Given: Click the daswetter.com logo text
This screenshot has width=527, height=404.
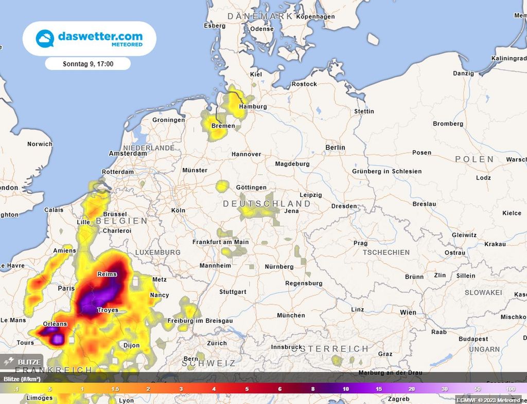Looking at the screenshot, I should pyautogui.click(x=100, y=37).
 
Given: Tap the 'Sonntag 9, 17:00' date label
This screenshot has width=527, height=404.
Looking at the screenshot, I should pyautogui.click(x=88, y=64).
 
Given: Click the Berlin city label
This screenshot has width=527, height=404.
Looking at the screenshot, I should pyautogui.click(x=335, y=148).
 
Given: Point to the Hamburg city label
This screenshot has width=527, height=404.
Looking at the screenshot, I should pyautogui.click(x=253, y=107).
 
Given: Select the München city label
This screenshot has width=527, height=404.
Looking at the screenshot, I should pyautogui.click(x=291, y=316).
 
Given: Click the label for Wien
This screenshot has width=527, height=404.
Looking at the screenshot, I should pyautogui.click(x=408, y=313).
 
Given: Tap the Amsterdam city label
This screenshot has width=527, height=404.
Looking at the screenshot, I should pyautogui.click(x=128, y=154).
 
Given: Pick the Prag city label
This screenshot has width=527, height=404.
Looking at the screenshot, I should pyautogui.click(x=360, y=243).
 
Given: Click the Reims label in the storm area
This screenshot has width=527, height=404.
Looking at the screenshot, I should pyautogui.click(x=108, y=274).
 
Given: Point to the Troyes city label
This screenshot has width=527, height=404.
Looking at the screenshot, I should pyautogui.click(x=108, y=310).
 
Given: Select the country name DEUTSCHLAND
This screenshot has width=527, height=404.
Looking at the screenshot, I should pyautogui.click(x=267, y=204).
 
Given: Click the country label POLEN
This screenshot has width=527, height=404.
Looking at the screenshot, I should pyautogui.click(x=475, y=159).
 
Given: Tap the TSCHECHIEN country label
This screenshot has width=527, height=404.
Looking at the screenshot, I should pyautogui.click(x=386, y=252).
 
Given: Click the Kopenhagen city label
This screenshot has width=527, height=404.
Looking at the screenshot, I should pyautogui.click(x=315, y=17).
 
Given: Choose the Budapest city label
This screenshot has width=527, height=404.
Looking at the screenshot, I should pyautogui.click(x=473, y=339).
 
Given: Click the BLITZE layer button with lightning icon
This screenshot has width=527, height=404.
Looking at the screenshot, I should pyautogui.click(x=22, y=362).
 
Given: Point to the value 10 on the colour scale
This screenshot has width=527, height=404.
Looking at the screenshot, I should pyautogui.click(x=346, y=389).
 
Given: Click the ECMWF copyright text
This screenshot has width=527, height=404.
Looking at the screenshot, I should pyautogui.click(x=488, y=399).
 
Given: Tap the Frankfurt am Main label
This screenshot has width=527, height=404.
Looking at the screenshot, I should pyautogui.click(x=220, y=242).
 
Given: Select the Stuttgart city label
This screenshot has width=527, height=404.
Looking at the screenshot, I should pyautogui.click(x=233, y=292).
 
